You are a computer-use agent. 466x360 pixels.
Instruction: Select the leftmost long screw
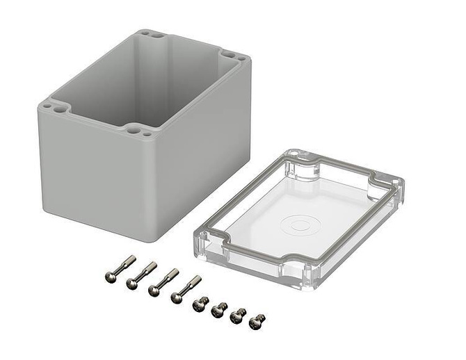coord(120,270)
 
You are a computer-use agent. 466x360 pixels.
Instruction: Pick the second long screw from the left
coord(142,275)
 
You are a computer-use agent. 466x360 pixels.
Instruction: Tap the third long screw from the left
coord(163,281)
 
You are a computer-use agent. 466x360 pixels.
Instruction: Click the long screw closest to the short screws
coord(186,289)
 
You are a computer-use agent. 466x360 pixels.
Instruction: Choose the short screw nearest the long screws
coord(200,304)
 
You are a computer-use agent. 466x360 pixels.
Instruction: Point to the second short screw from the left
coord(219,309)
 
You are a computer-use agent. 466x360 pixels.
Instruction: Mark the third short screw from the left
coord(238,315)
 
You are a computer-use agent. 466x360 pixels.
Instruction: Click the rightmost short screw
coord(257,321)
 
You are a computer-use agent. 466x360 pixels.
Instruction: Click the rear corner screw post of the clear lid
coord(303,165)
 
